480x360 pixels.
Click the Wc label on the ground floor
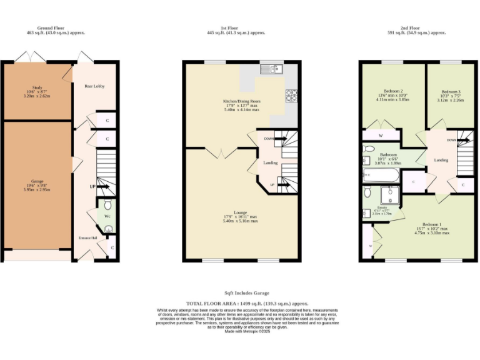[107, 216]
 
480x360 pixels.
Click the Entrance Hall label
[87, 238]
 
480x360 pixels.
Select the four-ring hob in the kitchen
[291, 96]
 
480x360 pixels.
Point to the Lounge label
[241, 212]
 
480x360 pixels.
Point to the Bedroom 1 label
[431, 224]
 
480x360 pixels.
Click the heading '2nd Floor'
[414, 28]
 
